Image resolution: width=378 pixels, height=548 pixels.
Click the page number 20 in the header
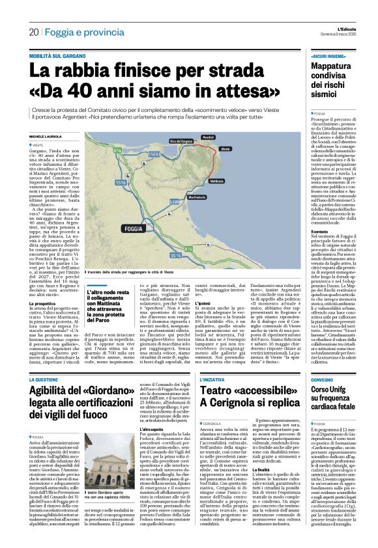click(33, 32)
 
